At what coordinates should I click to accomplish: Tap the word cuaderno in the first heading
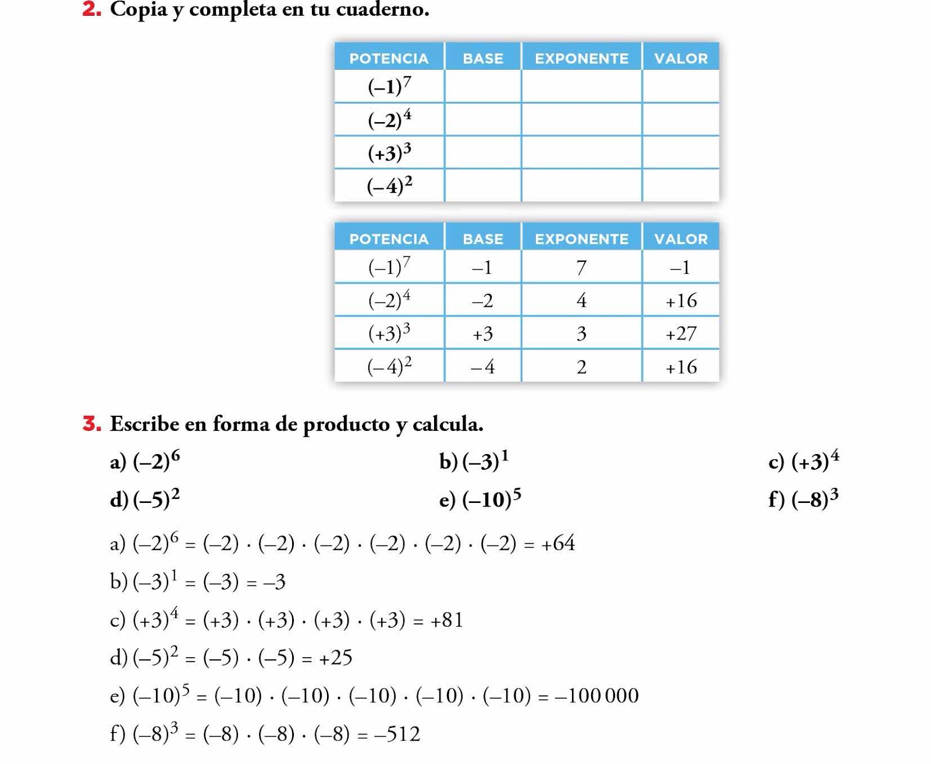(x=382, y=9)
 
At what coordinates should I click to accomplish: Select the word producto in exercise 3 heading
(x=346, y=424)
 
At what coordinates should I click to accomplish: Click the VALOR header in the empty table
(x=681, y=58)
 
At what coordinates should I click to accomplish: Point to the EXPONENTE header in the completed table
(x=581, y=239)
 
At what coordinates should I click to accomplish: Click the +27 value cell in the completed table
(x=681, y=334)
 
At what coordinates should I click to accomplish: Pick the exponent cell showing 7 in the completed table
(x=581, y=267)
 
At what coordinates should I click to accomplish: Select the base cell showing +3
(x=482, y=334)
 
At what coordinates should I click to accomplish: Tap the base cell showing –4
(x=482, y=367)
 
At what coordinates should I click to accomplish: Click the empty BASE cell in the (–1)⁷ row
(x=482, y=86)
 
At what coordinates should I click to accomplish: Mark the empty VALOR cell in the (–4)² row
(x=681, y=185)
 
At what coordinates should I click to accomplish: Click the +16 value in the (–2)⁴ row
(x=681, y=301)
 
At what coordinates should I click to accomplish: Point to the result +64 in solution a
(x=557, y=543)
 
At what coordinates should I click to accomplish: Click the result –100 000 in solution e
(x=596, y=695)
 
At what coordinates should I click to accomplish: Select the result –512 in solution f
(x=397, y=734)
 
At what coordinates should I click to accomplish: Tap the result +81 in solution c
(x=446, y=620)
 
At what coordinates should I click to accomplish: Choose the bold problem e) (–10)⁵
(x=480, y=499)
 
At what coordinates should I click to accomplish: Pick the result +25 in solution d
(x=335, y=658)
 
